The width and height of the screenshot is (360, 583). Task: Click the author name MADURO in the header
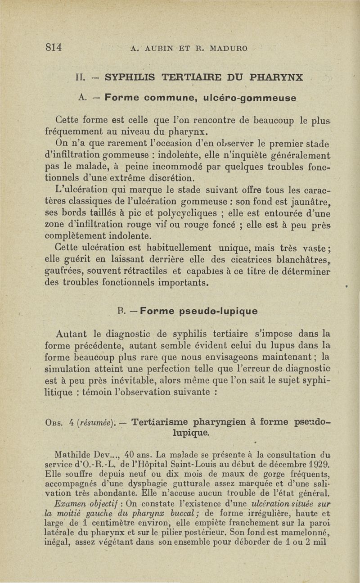point(225,48)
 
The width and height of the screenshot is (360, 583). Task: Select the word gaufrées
point(64,271)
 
